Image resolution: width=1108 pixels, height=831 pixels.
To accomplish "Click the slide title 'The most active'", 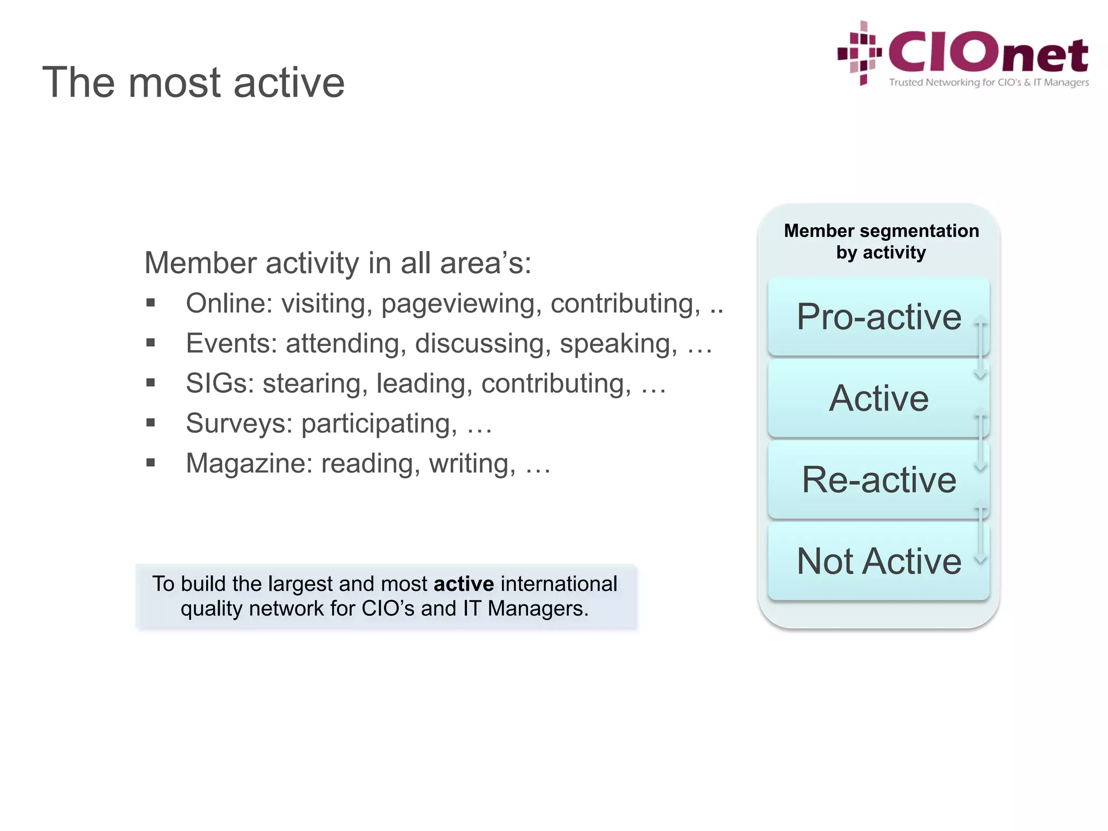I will pyautogui.click(x=193, y=82).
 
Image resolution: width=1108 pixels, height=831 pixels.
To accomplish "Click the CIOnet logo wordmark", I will pyautogui.click(x=988, y=53).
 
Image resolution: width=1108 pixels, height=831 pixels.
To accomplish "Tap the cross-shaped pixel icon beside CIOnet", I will pyautogui.click(x=860, y=53).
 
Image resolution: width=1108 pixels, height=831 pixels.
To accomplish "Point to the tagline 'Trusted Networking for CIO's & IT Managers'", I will pyautogui.click(x=988, y=83).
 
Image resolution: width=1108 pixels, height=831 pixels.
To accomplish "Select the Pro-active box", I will pyautogui.click(x=878, y=317).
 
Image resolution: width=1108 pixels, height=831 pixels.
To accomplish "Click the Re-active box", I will pyautogui.click(x=878, y=480).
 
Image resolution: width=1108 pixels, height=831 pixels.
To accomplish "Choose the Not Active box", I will pyautogui.click(x=878, y=561).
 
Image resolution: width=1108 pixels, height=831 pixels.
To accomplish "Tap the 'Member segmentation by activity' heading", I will pyautogui.click(x=881, y=241).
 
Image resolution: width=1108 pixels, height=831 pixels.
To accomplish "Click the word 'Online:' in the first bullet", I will pyautogui.click(x=229, y=304).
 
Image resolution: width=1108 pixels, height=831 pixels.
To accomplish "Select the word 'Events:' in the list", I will pyautogui.click(x=232, y=344).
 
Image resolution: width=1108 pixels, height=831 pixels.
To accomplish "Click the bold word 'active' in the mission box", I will pyautogui.click(x=464, y=584).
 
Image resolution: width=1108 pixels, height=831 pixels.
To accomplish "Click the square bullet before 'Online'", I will pyautogui.click(x=150, y=303).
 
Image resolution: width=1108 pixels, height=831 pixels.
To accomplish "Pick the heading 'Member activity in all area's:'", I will pyautogui.click(x=338, y=263).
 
